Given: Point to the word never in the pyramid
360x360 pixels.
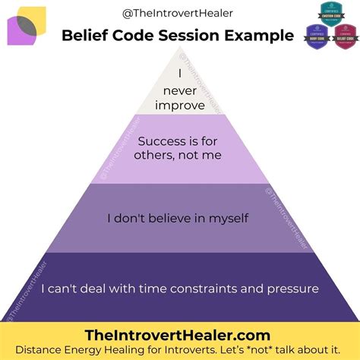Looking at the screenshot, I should point(180,90).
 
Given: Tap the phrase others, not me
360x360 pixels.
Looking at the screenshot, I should point(181,156).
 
